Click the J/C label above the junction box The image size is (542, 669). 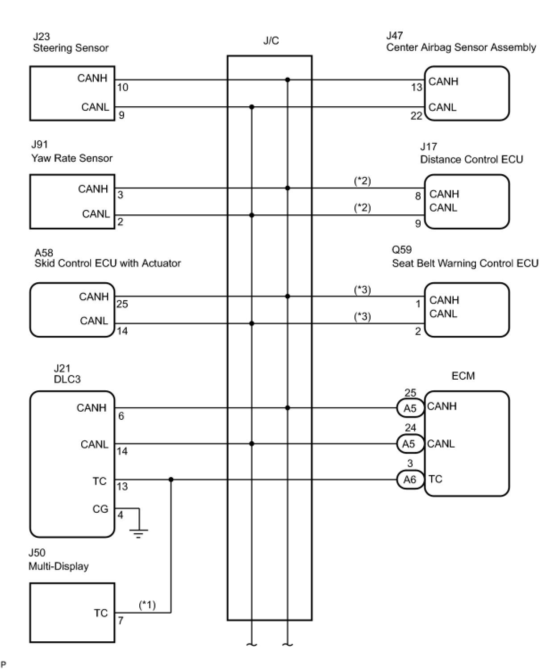[271, 41]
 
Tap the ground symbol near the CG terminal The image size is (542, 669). [138, 532]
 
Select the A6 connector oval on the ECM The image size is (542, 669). [410, 480]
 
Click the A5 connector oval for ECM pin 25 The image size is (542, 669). [410, 408]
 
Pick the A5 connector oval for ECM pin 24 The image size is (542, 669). [409, 444]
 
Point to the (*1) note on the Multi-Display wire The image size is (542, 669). [147, 605]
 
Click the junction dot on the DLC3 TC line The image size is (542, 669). [171, 480]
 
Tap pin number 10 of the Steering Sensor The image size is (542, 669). [123, 88]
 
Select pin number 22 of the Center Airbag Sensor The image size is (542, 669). [416, 116]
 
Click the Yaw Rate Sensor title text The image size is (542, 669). [72, 158]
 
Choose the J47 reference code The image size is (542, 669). [395, 36]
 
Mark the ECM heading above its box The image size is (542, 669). [463, 376]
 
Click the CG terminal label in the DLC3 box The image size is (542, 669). [100, 509]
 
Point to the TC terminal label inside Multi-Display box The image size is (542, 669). [101, 613]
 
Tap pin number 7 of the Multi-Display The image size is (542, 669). [121, 621]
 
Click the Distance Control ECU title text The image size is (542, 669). [471, 159]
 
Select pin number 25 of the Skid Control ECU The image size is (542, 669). [122, 304]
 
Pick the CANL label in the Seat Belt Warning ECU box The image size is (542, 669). [443, 314]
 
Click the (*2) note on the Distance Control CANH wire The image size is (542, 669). [363, 181]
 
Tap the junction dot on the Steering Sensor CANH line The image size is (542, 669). [288, 80]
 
